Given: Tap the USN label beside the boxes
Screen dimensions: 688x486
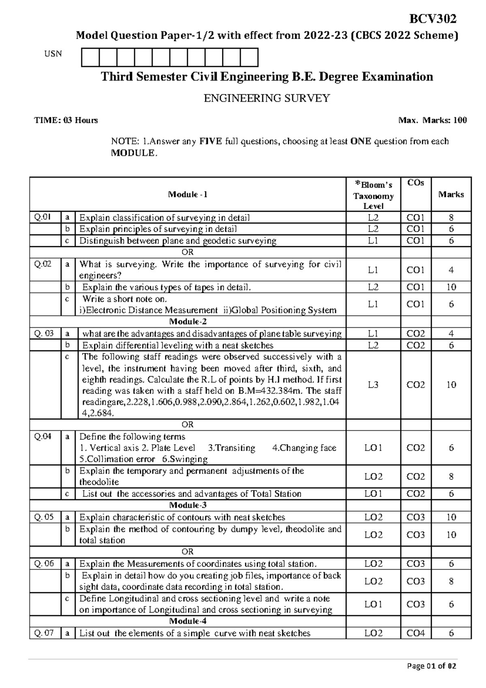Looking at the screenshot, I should click(53, 54).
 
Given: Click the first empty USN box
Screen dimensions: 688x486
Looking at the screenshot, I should click(90, 57).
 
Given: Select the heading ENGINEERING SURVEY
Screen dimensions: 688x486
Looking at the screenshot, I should click(266, 98).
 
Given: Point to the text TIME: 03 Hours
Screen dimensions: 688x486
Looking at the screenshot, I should click(66, 120).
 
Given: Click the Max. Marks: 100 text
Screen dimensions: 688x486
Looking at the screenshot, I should click(433, 120).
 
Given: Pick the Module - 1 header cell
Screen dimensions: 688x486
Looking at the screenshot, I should click(188, 194).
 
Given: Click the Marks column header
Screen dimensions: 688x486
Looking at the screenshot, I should click(451, 194).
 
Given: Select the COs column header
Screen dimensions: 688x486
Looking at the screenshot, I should click(416, 183).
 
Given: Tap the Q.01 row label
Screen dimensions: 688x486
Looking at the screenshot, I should click(43, 217).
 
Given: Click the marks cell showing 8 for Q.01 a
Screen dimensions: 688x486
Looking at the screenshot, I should click(451, 217).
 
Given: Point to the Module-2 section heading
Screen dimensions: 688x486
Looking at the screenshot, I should click(188, 322).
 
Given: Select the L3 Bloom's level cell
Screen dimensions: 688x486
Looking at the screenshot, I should click(373, 385).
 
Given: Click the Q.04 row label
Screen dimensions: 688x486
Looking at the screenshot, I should click(43, 437).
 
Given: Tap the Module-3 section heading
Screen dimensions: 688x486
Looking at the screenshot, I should click(188, 505).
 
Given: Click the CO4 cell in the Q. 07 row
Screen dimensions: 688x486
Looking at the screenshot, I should click(416, 633).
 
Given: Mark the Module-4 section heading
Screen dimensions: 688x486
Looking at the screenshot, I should click(188, 621).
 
